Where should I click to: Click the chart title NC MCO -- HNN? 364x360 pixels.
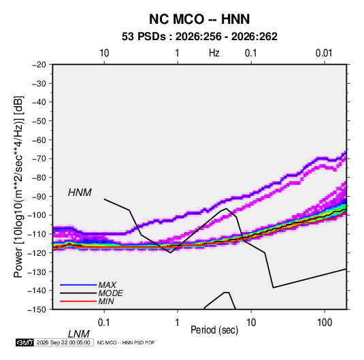pos(199,19)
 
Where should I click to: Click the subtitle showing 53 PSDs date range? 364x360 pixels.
pos(199,37)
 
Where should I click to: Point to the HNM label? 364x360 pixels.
pos(80,193)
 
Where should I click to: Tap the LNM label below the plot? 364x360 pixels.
pos(78,334)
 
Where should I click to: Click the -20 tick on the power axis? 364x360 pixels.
pos(39,65)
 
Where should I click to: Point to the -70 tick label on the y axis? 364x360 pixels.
pos(39,159)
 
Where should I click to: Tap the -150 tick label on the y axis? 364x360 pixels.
pos(37,310)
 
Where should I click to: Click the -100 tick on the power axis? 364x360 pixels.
pos(37,215)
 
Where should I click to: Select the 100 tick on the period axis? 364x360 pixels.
pos(325,323)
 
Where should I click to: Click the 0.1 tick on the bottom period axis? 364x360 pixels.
pos(104,323)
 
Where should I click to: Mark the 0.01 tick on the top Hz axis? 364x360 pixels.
pos(324,53)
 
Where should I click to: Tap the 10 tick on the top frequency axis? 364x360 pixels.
pos(104,53)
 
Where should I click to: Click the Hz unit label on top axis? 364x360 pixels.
pos(214,53)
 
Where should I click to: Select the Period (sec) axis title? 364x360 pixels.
pos(214,330)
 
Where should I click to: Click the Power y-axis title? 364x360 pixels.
pos(18,186)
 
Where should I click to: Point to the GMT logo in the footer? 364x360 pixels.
pos(24,342)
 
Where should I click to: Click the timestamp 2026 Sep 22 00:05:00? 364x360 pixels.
pos(63,342)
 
